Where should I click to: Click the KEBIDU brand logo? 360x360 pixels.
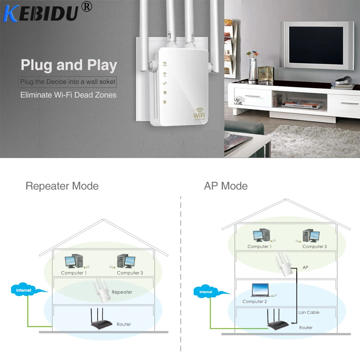(x=41, y=14)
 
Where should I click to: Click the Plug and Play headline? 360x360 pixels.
(x=69, y=65)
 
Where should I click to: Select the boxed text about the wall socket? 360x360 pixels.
(x=68, y=82)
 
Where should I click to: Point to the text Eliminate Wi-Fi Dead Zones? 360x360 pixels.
(x=68, y=95)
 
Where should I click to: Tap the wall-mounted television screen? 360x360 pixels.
(x=316, y=45)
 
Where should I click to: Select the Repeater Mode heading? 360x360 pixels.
(x=62, y=186)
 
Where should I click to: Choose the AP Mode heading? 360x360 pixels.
(x=226, y=186)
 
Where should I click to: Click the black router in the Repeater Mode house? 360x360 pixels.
(x=101, y=319)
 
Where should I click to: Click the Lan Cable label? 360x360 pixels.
(x=309, y=312)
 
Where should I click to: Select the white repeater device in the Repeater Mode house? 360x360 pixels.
(x=102, y=291)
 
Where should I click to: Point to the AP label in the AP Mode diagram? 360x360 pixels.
(x=305, y=267)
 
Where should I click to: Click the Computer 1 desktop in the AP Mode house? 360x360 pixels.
(x=262, y=235)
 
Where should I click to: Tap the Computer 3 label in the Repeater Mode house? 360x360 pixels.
(x=130, y=273)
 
